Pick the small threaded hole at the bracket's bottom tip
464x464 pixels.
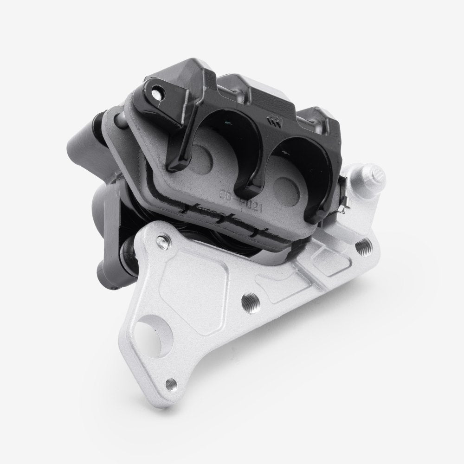pyautogui.click(x=171, y=383)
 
